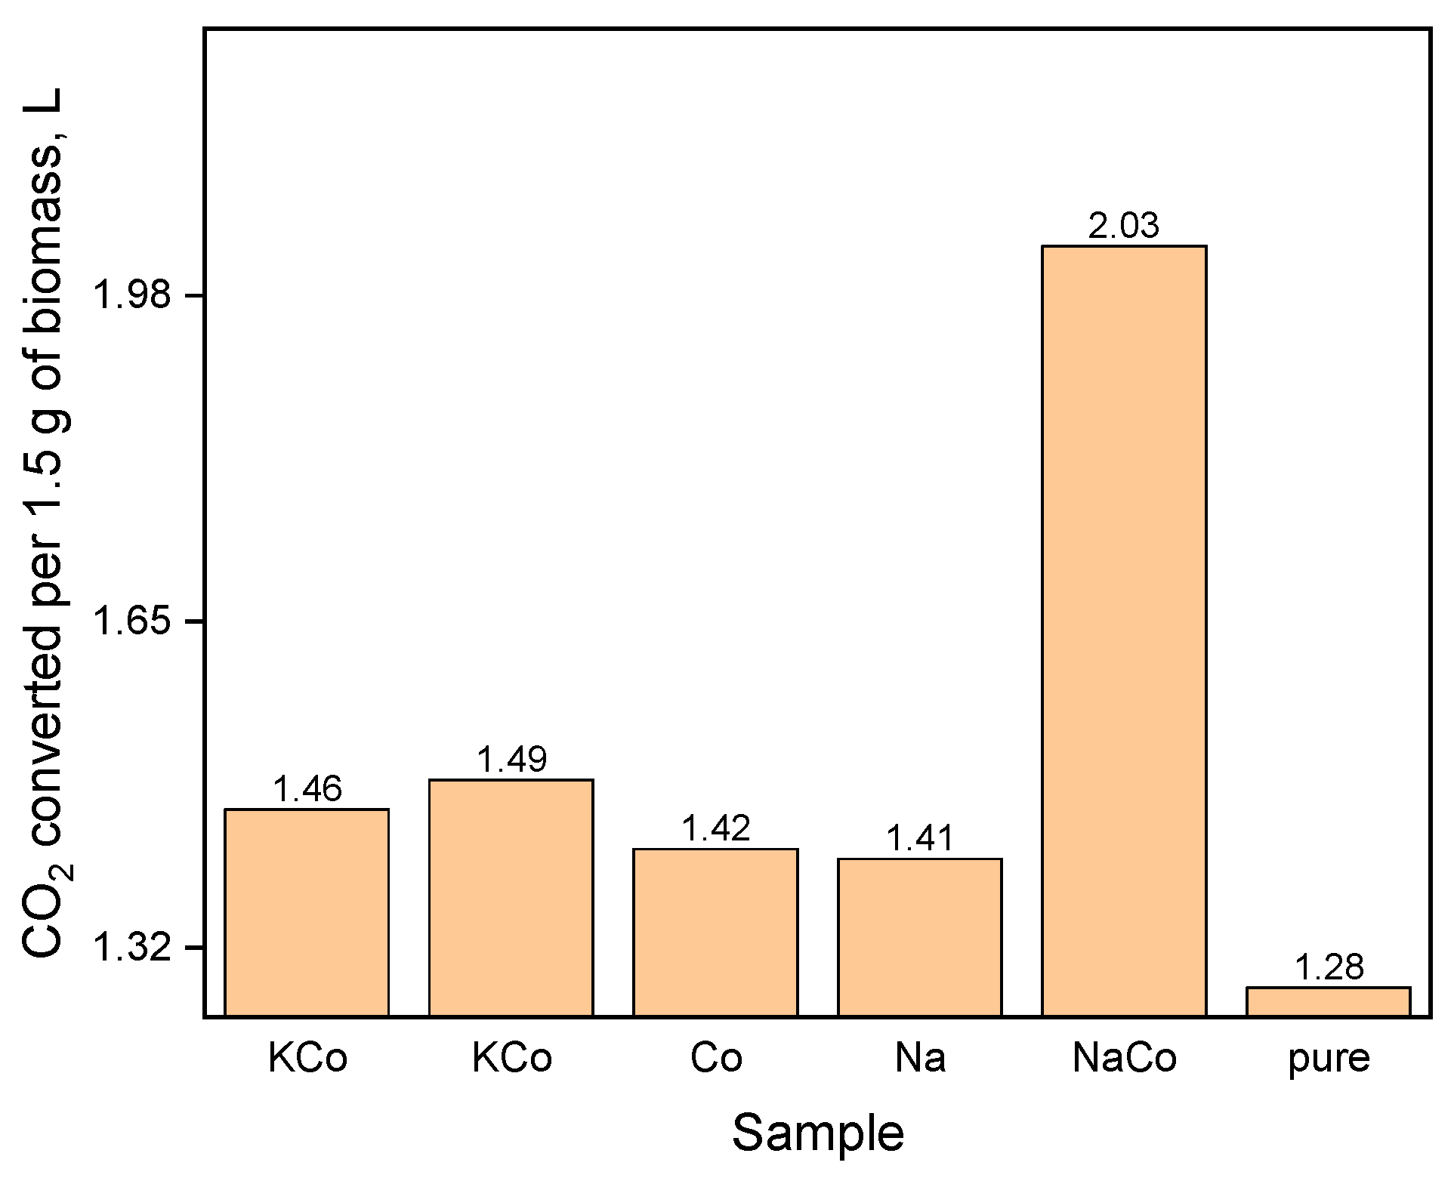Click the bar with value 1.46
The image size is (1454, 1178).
pyautogui.click(x=307, y=912)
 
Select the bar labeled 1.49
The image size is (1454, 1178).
pyautogui.click(x=511, y=897)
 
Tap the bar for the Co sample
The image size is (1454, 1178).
pyautogui.click(x=715, y=932)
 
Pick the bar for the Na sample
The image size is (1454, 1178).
pyautogui.click(x=919, y=936)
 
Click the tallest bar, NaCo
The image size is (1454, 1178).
pyautogui.click(x=1124, y=631)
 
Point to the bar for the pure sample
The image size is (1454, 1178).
pyautogui.click(x=1328, y=1001)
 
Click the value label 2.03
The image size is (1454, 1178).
pyautogui.click(x=1124, y=226)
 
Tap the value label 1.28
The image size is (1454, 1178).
pyautogui.click(x=1329, y=967)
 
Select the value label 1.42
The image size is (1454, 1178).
pyautogui.click(x=715, y=828)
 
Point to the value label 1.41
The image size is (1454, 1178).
pyautogui.click(x=920, y=838)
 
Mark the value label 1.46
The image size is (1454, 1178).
pyautogui.click(x=307, y=789)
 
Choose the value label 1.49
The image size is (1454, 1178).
pyautogui.click(x=511, y=759)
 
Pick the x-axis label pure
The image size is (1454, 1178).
pyautogui.click(x=1329, y=1060)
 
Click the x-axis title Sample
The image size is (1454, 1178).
pyautogui.click(x=817, y=1133)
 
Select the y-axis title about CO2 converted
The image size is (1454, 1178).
pyautogui.click(x=47, y=521)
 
